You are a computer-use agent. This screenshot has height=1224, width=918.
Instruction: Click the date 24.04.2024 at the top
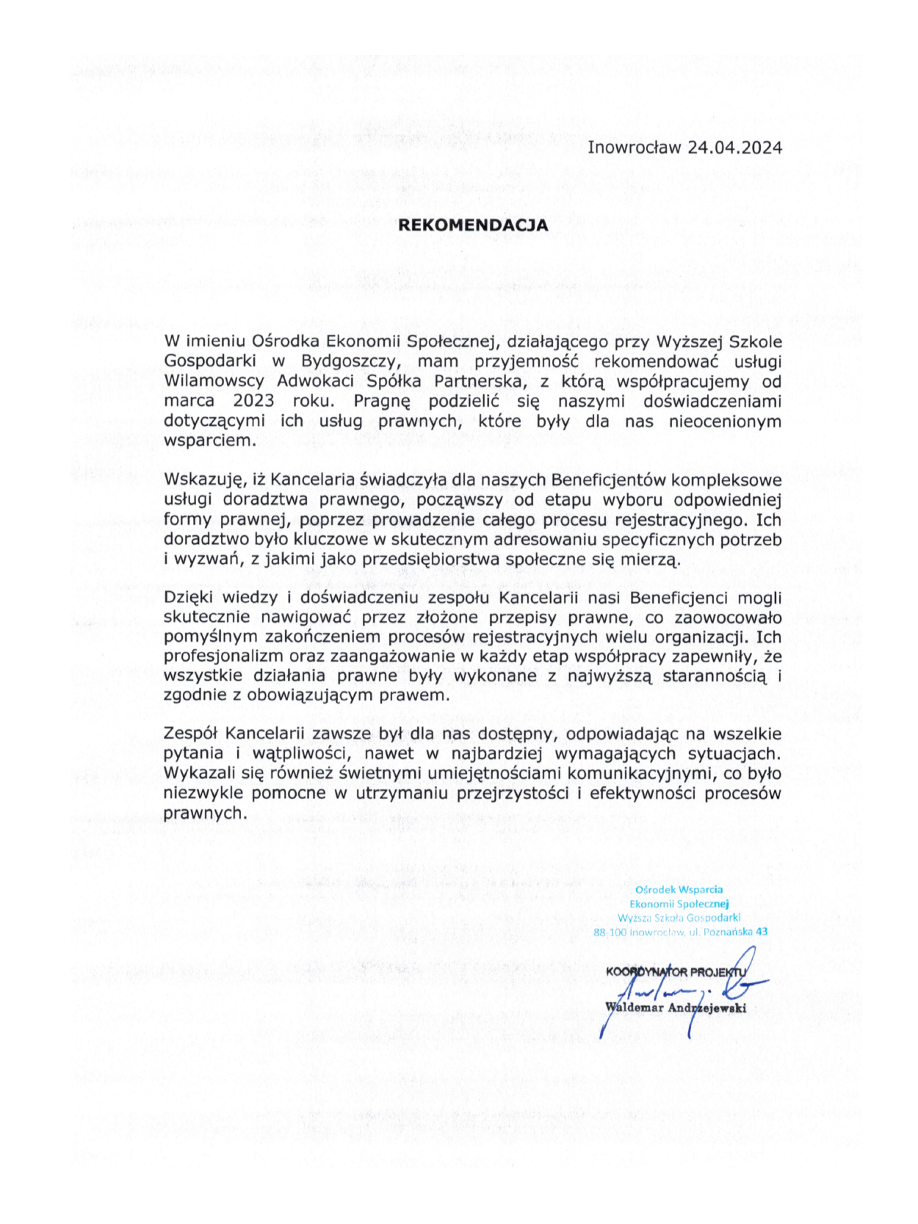pyautogui.click(x=734, y=147)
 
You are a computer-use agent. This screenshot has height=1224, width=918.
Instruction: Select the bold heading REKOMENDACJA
pyautogui.click(x=473, y=225)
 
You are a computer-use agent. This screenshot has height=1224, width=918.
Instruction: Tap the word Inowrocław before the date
pyautogui.click(x=635, y=147)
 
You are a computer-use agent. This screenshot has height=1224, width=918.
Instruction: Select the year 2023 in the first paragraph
pyautogui.click(x=253, y=401)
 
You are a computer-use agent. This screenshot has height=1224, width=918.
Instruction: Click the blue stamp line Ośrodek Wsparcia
pyautogui.click(x=679, y=889)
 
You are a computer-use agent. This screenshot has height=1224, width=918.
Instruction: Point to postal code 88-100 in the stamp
pyautogui.click(x=610, y=932)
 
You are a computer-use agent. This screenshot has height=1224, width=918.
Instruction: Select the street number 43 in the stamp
pyautogui.click(x=762, y=932)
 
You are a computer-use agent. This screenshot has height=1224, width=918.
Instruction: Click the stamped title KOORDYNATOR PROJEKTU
pyautogui.click(x=674, y=972)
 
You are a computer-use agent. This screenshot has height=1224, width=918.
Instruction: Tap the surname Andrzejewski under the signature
pyautogui.click(x=706, y=1007)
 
